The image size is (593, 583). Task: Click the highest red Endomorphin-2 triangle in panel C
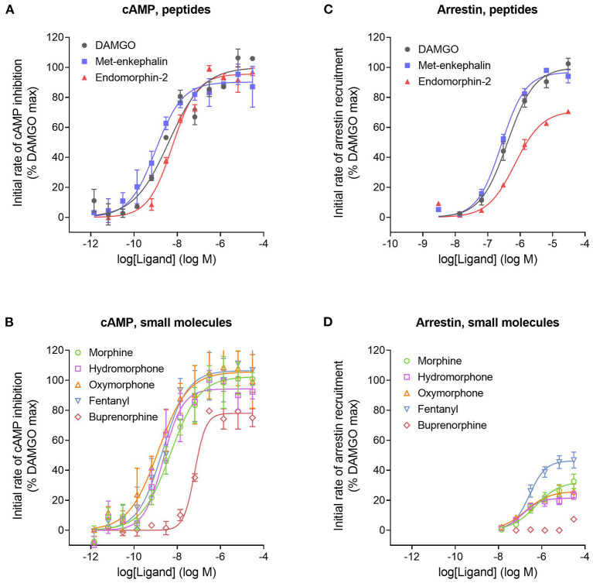click(568, 111)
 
